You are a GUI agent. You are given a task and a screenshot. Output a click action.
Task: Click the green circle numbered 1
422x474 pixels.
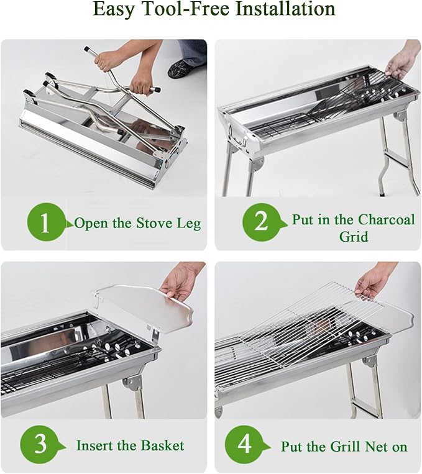point(45,222)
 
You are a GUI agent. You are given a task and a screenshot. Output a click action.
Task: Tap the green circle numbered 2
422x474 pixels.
point(261,222)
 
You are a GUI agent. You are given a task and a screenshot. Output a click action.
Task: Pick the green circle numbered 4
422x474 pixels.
point(244,444)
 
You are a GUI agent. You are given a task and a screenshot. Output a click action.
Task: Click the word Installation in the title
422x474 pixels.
point(285,9)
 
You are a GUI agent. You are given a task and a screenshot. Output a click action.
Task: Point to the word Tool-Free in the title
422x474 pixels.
point(184,9)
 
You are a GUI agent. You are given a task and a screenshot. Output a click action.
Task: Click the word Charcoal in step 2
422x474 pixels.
point(387,219)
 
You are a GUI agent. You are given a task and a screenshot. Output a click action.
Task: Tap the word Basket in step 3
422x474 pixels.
point(163,445)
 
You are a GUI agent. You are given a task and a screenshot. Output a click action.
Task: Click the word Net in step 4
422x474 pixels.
point(377,446)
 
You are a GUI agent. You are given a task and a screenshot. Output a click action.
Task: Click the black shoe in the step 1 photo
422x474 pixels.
point(180,68)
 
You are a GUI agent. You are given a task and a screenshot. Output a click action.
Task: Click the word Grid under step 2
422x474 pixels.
point(354,236)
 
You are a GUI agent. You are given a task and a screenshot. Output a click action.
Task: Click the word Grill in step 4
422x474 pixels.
point(345,446)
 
